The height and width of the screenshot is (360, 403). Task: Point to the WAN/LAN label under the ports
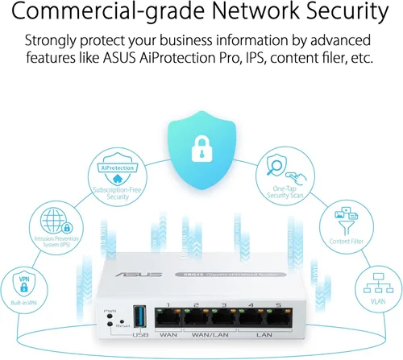(x=210, y=334)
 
